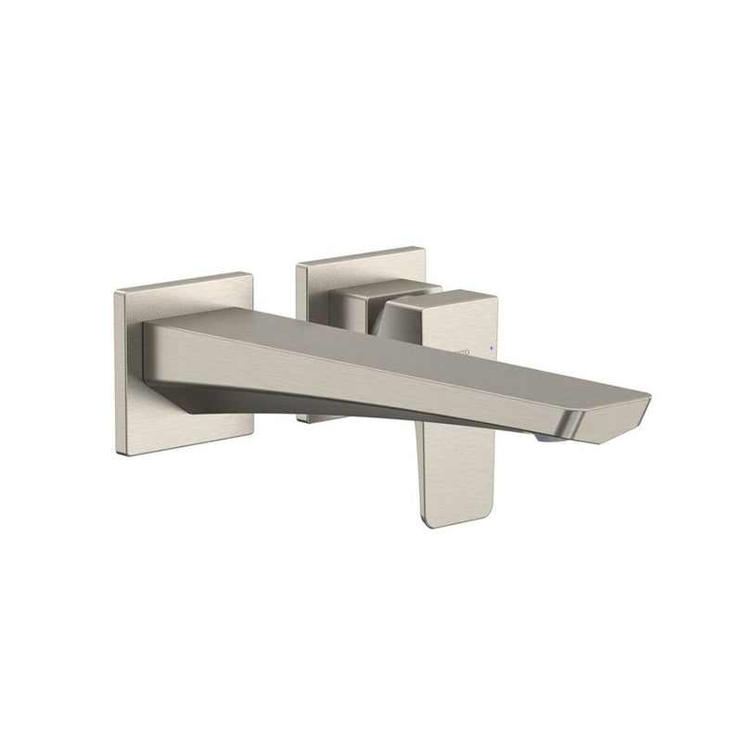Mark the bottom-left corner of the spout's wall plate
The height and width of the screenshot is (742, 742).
[x=120, y=454]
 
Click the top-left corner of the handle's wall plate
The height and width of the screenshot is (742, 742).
[x=298, y=266]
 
